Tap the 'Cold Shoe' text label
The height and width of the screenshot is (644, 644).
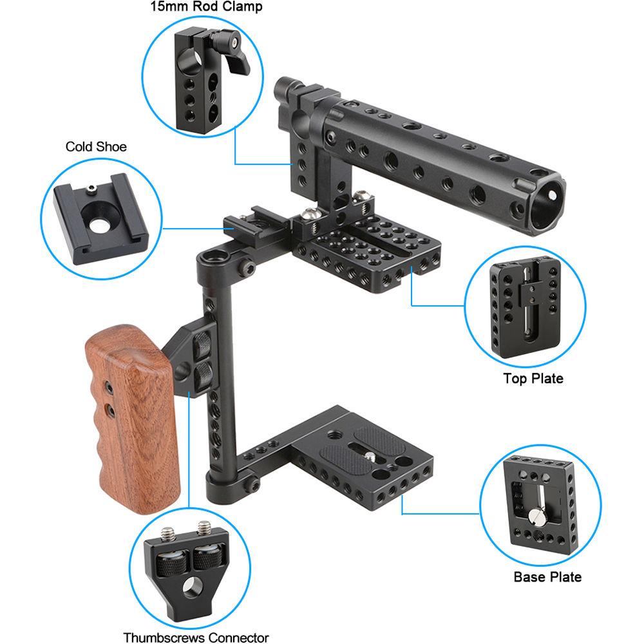point(96,147)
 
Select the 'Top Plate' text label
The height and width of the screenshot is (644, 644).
point(533,379)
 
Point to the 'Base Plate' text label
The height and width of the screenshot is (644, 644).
point(547,576)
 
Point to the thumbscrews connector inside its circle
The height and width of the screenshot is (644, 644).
point(186,560)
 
